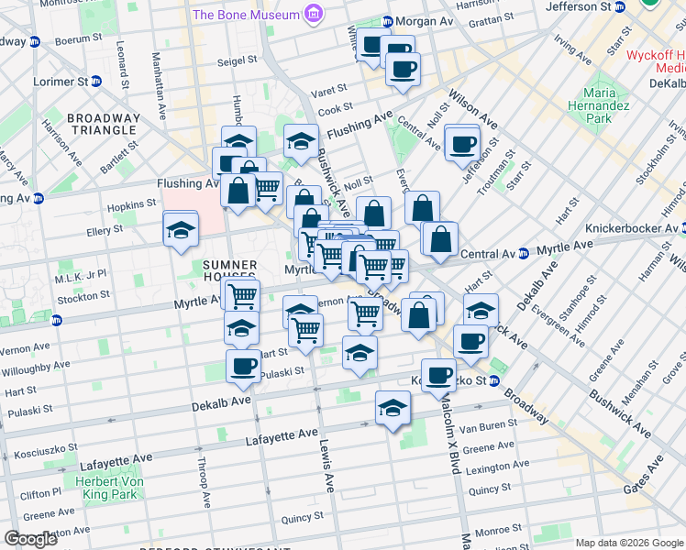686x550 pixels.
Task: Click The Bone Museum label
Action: point(246,15)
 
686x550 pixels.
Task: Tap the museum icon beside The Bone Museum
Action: point(315,15)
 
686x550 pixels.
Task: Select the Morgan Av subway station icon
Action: point(388,21)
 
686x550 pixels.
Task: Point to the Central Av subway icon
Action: point(522,254)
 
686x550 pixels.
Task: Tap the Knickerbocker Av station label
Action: point(622,227)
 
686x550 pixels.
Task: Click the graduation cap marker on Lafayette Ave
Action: point(393,408)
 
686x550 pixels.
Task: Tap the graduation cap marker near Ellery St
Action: point(181,229)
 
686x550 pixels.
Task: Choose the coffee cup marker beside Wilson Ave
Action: point(462,142)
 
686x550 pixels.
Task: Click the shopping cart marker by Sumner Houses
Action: point(243,296)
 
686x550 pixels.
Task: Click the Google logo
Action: point(31,539)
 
